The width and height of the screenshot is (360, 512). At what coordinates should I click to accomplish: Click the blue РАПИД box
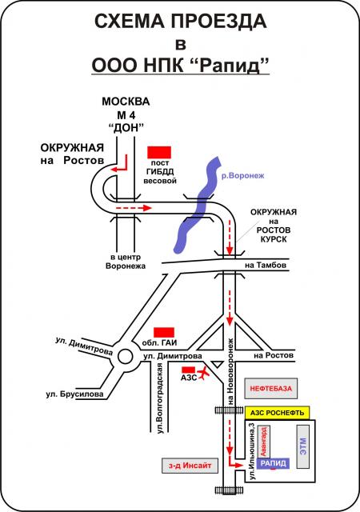[273, 463]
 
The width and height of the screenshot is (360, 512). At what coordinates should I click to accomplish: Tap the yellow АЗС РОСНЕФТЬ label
[277, 413]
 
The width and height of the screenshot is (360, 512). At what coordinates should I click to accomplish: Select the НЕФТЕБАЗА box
[271, 389]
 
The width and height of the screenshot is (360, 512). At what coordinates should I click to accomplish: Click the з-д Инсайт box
[190, 466]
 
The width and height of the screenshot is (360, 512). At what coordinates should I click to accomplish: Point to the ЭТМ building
[303, 446]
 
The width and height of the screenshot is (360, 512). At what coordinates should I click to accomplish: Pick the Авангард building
[264, 441]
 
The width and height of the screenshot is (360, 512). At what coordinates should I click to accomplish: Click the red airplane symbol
[203, 374]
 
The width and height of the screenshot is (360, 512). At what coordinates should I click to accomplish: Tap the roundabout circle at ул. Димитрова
[126, 356]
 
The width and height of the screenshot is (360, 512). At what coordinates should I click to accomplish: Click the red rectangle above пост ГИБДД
[159, 153]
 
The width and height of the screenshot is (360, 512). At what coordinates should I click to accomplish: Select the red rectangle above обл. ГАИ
[164, 333]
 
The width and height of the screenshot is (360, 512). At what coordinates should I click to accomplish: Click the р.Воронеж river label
[242, 176]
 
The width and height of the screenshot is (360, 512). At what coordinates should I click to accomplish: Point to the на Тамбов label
[266, 265]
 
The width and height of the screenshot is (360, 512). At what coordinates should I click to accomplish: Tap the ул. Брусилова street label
[75, 394]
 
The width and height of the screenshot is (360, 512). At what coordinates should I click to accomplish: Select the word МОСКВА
[126, 102]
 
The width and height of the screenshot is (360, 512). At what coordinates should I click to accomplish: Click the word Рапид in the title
[231, 66]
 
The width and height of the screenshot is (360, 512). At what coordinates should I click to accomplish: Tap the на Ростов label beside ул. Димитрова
[274, 355]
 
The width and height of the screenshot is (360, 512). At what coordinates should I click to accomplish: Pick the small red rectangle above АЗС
[189, 370]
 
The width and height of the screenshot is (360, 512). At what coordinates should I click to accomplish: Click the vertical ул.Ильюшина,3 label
[252, 451]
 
